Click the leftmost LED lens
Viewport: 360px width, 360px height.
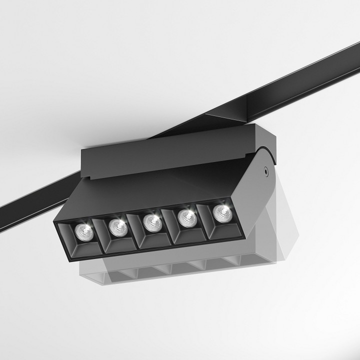pyautogui.click(x=83, y=230)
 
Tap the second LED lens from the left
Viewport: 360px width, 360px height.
pyautogui.click(x=118, y=226)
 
